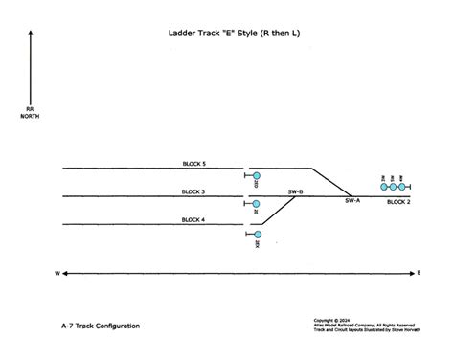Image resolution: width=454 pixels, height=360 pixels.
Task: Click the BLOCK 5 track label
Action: click(x=194, y=164)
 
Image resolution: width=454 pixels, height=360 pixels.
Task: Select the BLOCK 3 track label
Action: click(x=194, y=191)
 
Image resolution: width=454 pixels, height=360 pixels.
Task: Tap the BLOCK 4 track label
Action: click(x=194, y=220)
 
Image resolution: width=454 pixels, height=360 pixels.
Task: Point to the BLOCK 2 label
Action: click(x=398, y=203)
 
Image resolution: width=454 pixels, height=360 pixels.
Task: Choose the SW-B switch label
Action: click(x=295, y=191)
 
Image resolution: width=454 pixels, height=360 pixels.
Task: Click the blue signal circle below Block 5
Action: click(x=257, y=176)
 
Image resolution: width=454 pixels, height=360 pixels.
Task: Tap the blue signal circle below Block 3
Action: click(x=257, y=204)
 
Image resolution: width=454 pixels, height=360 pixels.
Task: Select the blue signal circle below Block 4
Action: click(x=257, y=234)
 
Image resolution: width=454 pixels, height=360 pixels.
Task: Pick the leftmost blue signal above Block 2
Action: click(x=384, y=187)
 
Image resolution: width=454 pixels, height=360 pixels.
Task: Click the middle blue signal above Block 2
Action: click(x=394, y=187)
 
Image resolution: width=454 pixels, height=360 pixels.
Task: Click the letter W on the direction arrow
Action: click(x=57, y=274)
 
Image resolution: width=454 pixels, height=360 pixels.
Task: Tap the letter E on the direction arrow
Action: click(x=419, y=274)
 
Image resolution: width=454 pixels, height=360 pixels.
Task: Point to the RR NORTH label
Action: click(x=30, y=113)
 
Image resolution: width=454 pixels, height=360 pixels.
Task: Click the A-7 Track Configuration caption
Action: click(x=100, y=326)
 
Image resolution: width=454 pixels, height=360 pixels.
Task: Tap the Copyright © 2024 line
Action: click(x=332, y=321)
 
